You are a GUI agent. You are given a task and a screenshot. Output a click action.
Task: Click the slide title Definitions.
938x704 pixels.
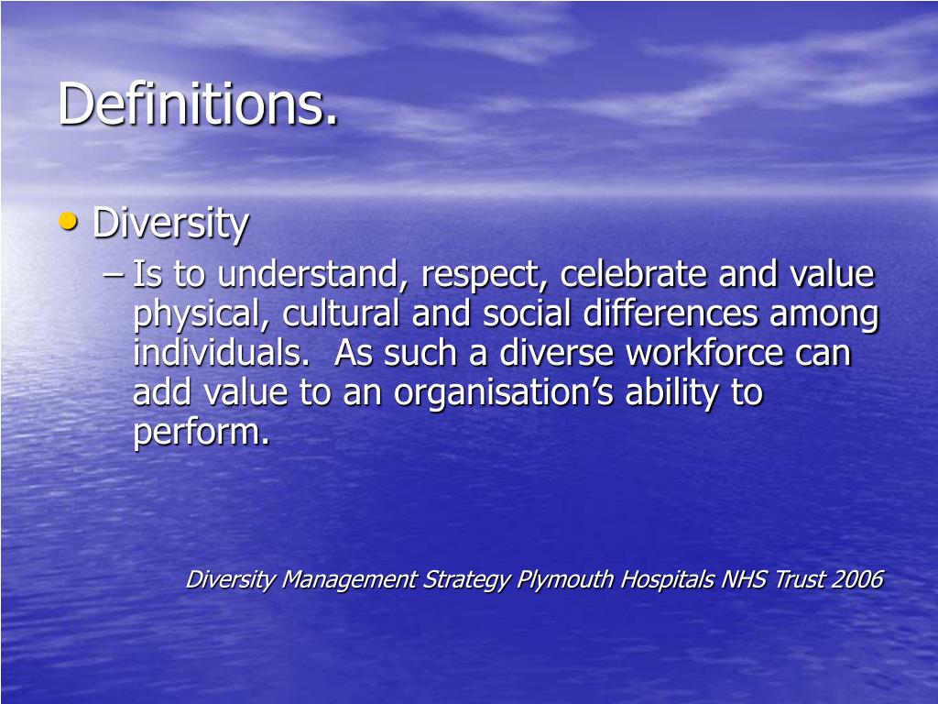(198, 104)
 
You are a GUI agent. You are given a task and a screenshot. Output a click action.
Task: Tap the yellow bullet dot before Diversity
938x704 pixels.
(71, 221)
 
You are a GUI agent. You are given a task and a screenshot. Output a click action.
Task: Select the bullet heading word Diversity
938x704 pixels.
(170, 224)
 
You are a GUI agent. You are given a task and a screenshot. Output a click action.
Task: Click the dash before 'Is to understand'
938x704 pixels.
(117, 274)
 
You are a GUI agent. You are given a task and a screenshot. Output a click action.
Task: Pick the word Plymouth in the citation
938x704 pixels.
(565, 580)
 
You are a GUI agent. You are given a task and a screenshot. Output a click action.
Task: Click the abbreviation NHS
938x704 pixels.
(744, 579)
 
